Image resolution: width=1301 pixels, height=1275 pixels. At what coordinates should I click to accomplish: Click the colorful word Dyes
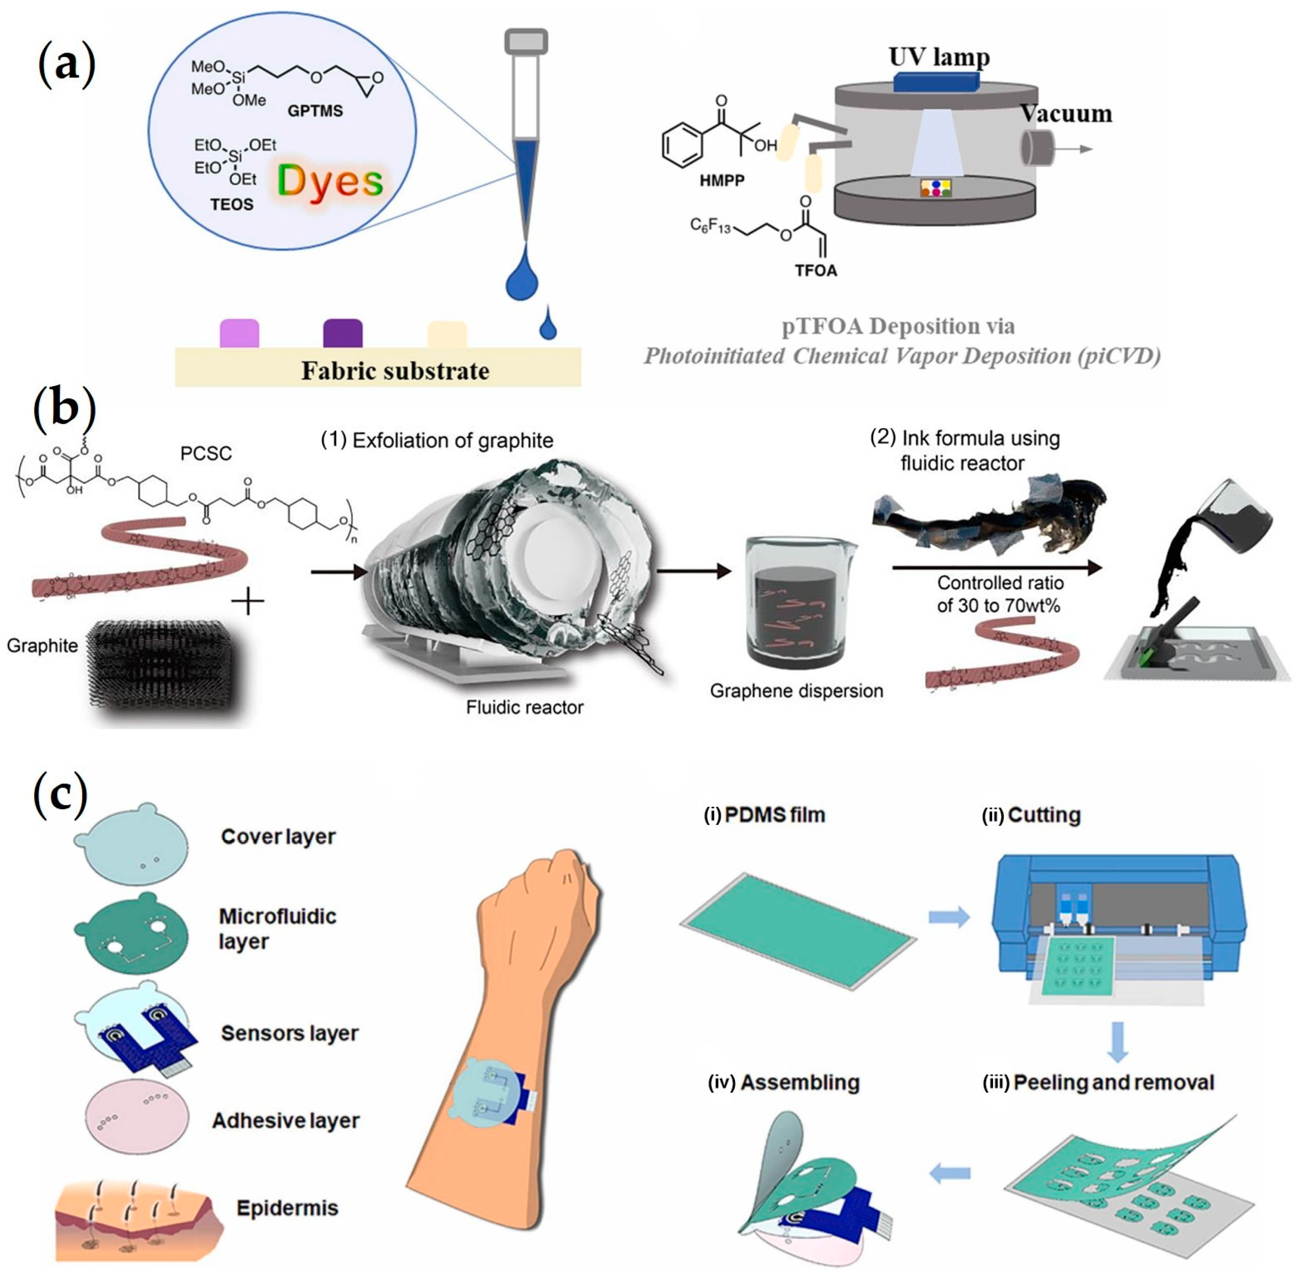pyautogui.click(x=329, y=181)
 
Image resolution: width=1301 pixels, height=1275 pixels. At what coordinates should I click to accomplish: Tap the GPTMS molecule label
pyautogui.click(x=315, y=110)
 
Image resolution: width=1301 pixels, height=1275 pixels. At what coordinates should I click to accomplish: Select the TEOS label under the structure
pyautogui.click(x=232, y=204)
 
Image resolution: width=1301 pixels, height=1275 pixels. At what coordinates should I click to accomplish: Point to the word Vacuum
pyautogui.click(x=1065, y=113)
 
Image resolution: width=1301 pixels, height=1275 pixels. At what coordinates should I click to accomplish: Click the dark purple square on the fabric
pyautogui.click(x=342, y=333)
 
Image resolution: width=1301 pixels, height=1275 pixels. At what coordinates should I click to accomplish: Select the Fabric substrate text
pyautogui.click(x=395, y=370)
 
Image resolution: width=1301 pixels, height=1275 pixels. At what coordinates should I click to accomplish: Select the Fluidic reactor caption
pyautogui.click(x=525, y=707)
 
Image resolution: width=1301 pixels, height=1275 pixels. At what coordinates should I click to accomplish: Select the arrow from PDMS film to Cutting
pyautogui.click(x=949, y=917)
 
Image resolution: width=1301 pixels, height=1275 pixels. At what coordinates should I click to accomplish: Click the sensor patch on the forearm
pyautogui.click(x=492, y=1091)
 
